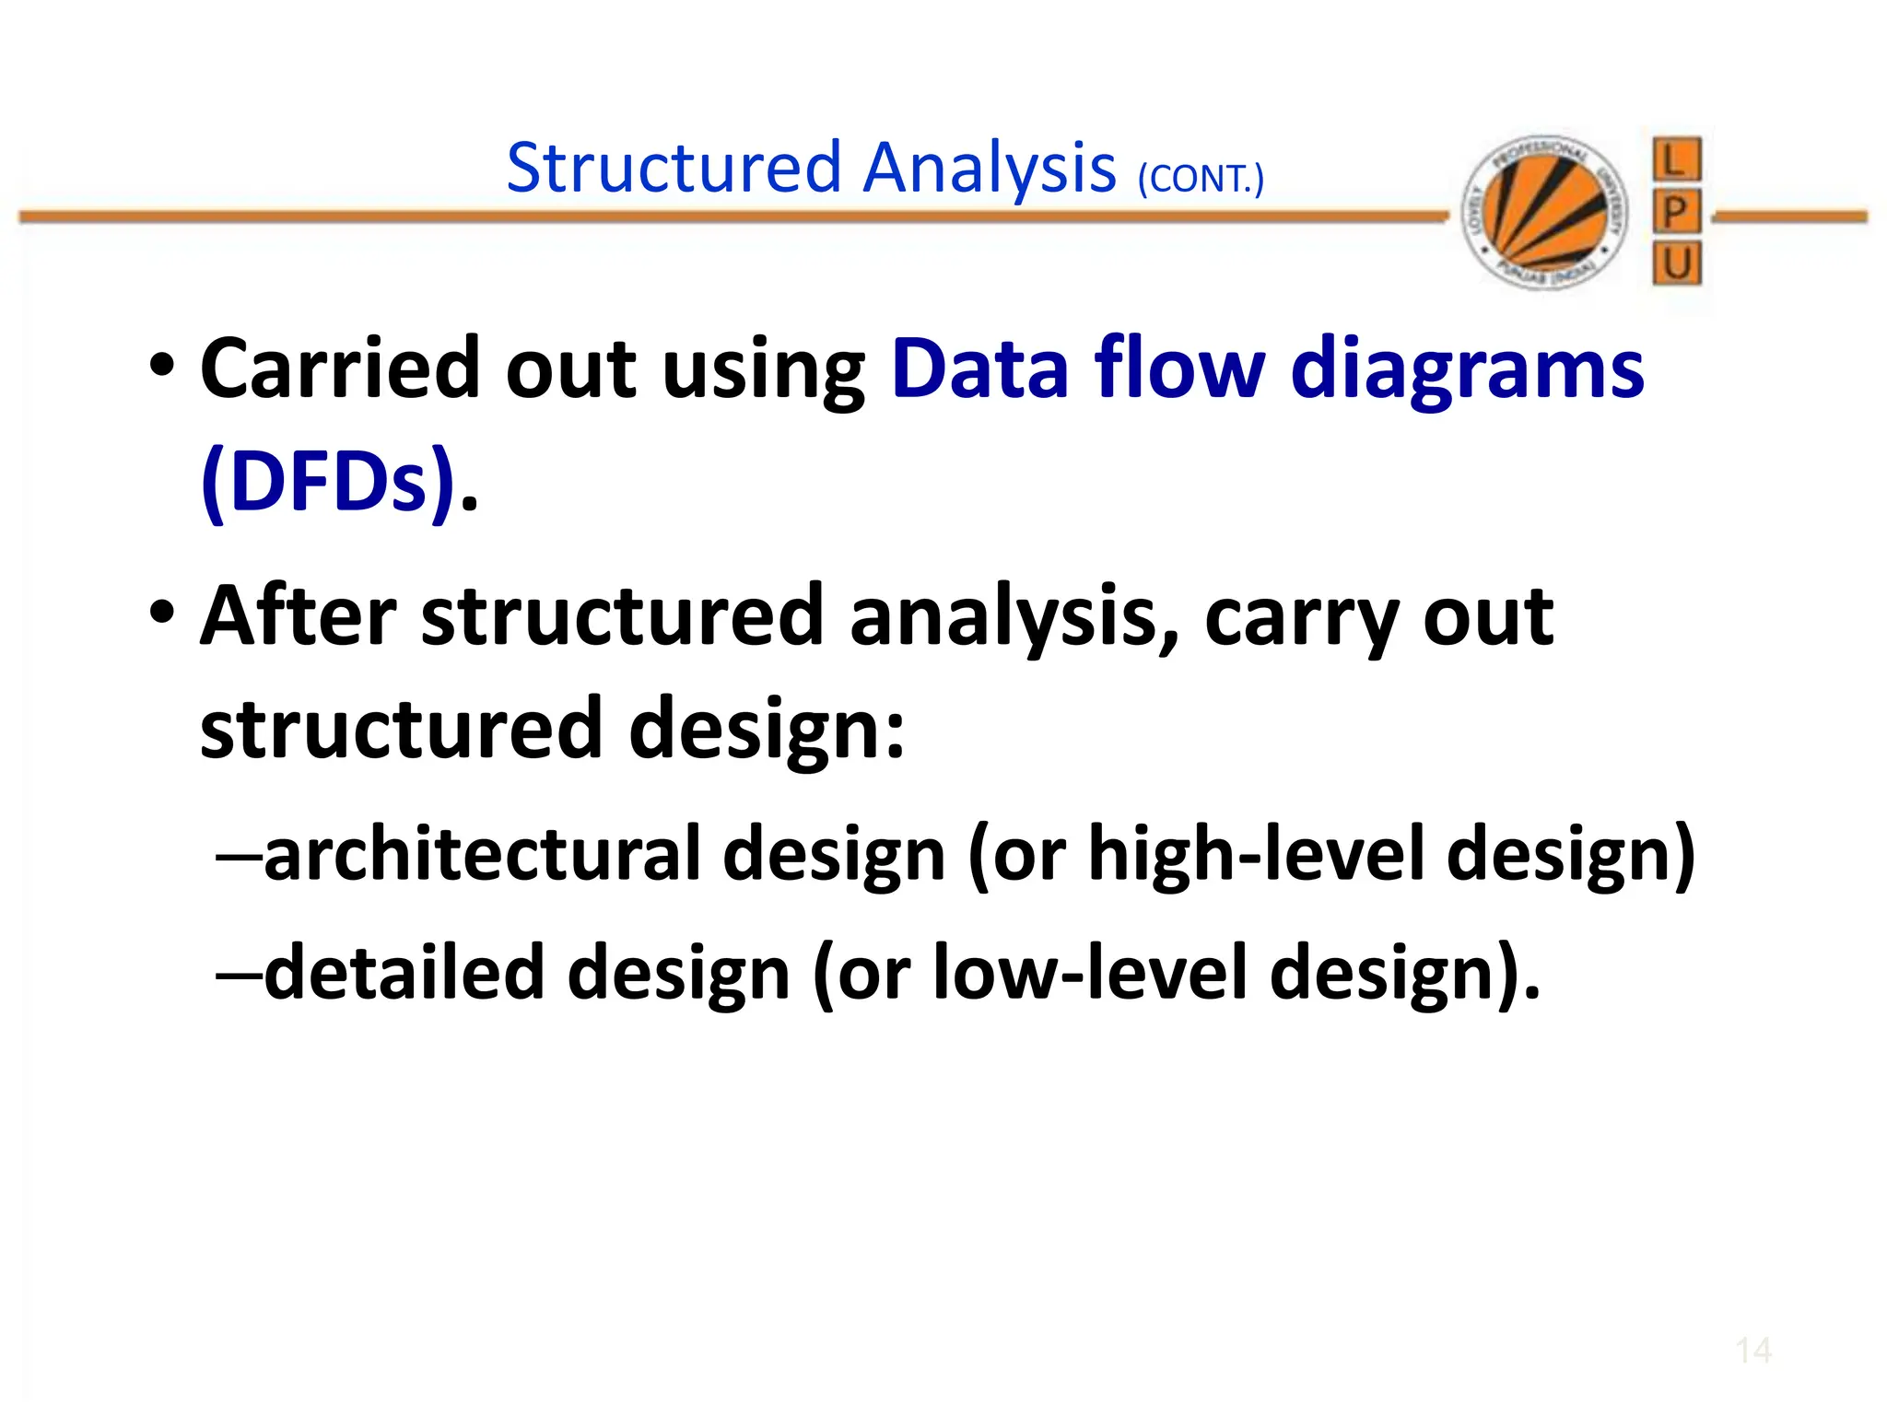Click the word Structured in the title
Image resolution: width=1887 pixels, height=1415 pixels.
coord(674,168)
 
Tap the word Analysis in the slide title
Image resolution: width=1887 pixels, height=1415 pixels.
coord(990,170)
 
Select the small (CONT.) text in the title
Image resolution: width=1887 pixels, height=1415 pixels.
coord(1201,179)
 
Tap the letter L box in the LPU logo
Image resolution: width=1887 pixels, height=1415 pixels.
coord(1676,160)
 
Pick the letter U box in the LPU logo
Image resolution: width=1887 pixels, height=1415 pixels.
coord(1676,264)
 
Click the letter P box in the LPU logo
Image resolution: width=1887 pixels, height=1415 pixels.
coord(1676,213)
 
